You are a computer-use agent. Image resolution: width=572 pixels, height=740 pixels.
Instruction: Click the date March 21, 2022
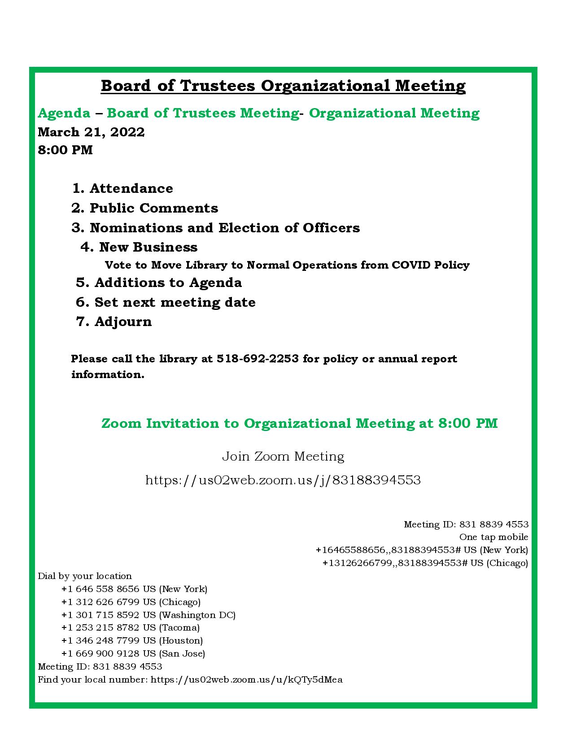coord(91,132)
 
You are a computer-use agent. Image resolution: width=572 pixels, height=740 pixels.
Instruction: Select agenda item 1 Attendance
coord(122,188)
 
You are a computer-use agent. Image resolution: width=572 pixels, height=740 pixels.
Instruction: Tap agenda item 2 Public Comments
coord(144,208)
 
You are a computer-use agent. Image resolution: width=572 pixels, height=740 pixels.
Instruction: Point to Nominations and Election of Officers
coord(215,228)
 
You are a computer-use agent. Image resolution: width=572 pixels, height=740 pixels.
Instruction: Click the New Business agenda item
coord(139,247)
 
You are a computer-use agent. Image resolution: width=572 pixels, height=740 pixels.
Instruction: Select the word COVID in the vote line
coord(411,265)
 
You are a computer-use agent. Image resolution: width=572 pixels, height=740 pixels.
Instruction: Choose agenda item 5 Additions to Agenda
coord(159,283)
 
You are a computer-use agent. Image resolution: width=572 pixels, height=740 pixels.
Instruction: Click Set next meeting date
coord(166,302)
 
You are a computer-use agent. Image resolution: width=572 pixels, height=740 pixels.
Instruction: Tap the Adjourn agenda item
coord(114,322)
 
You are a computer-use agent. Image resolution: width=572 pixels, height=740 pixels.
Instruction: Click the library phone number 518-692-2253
coord(258,359)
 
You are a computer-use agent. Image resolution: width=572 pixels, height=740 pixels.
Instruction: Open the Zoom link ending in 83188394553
coord(283,480)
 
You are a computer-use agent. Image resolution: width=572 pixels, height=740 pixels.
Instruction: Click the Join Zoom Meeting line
coord(283,457)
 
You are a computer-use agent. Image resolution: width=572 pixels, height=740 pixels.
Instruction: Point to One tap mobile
coord(493,537)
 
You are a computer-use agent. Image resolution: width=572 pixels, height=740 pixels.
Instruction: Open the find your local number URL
coord(246,679)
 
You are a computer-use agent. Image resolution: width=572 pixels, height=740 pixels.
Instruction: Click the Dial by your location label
coord(85,576)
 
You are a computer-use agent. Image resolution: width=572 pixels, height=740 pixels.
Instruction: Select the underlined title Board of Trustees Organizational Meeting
coord(283,85)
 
